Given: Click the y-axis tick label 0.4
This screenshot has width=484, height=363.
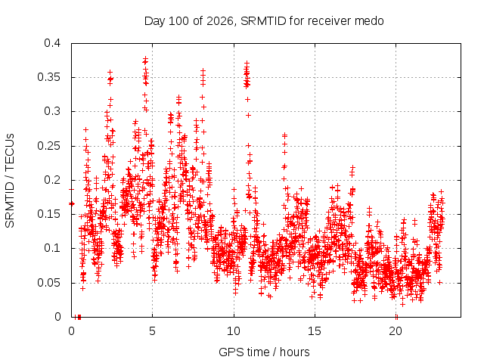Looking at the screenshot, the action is tap(52, 43).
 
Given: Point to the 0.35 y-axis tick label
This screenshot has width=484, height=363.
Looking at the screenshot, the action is tap(48, 77).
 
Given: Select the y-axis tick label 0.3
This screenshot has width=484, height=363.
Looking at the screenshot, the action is tap(52, 111).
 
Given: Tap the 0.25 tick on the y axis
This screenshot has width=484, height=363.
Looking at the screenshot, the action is tap(48, 146).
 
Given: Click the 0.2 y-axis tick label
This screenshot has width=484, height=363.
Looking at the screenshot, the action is tap(52, 180).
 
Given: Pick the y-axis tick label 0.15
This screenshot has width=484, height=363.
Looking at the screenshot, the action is tap(48, 214).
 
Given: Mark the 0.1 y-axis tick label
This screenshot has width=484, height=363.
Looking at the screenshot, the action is tap(52, 248).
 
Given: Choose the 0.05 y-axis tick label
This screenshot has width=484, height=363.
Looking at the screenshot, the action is tap(48, 283).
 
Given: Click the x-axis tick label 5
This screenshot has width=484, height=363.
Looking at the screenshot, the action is tap(153, 331).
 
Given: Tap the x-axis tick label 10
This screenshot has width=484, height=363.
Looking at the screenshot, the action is tap(234, 331).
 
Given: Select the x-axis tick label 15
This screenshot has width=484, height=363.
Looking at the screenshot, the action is tap(315, 331).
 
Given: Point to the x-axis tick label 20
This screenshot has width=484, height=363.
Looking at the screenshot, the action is tap(396, 331).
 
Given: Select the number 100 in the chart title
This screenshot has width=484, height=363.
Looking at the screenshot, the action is tap(179, 21).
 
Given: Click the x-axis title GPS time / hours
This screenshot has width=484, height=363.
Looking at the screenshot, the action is tap(264, 352).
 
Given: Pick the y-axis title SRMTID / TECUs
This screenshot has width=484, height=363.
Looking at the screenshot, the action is tap(10, 181).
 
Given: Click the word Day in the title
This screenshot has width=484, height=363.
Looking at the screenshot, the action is tap(154, 21).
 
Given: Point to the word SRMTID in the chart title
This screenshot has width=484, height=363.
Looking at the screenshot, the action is tap(263, 21).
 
